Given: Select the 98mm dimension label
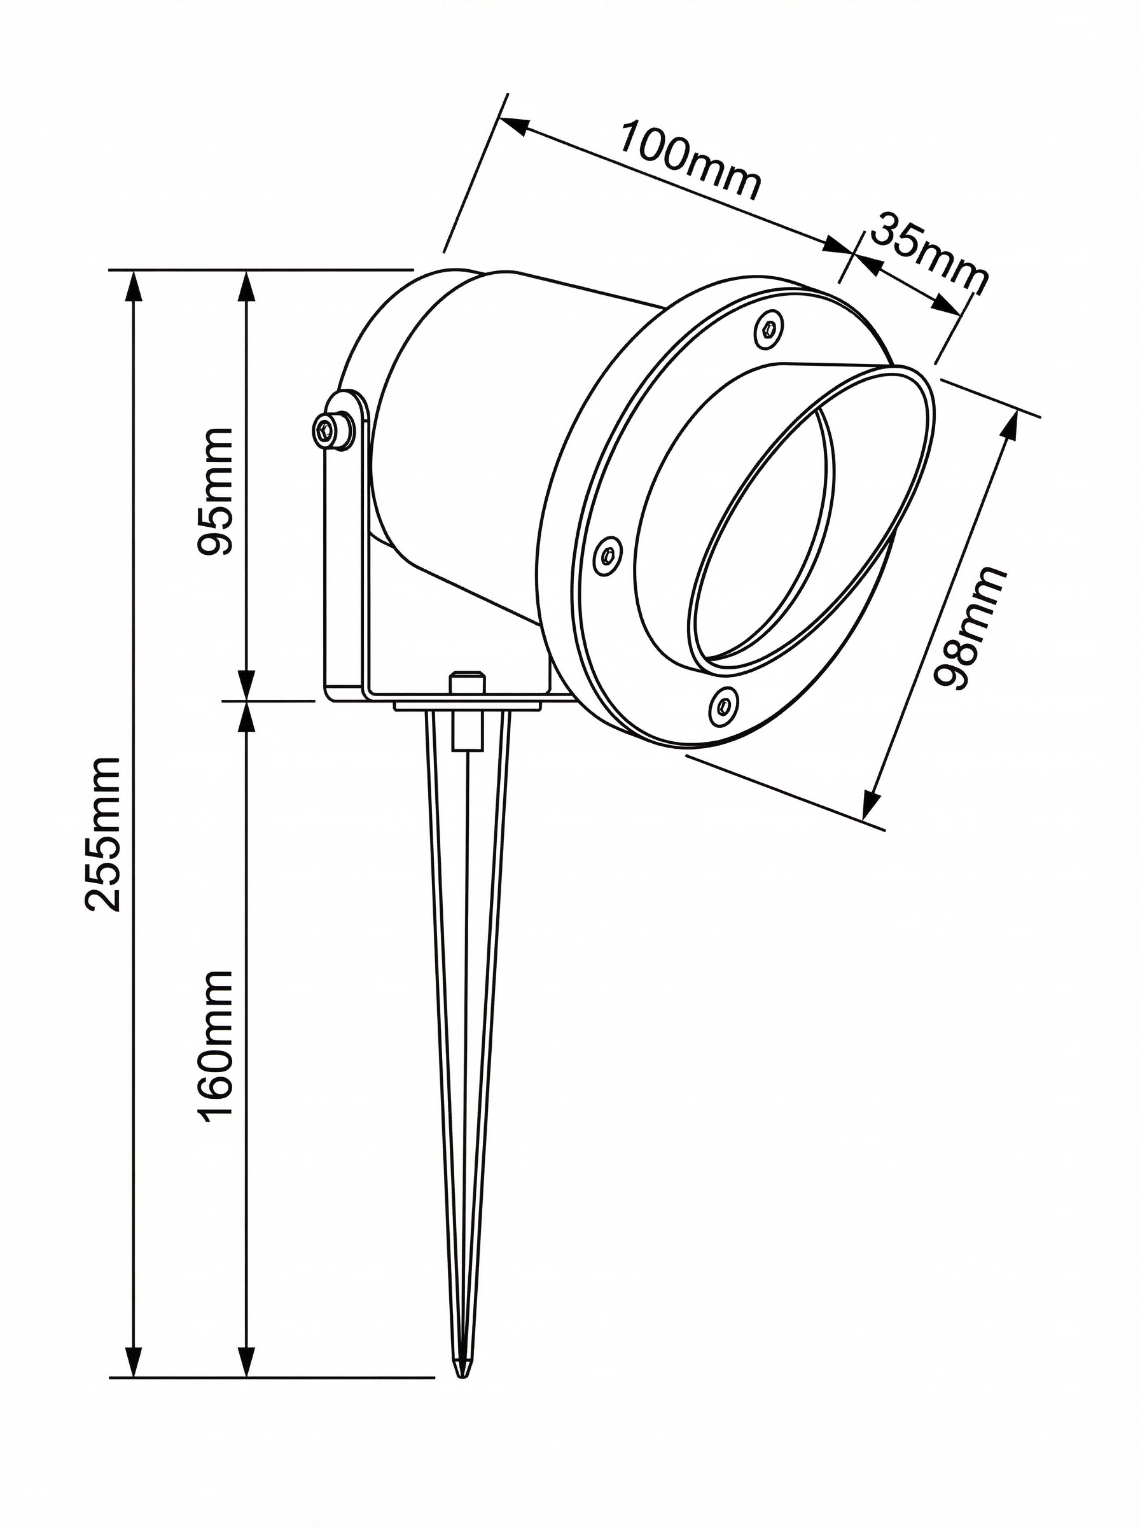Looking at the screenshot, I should coord(970,627).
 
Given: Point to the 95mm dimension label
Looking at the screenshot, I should coord(215,491).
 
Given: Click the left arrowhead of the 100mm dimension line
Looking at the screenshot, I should coord(513,126).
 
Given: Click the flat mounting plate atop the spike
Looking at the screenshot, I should coord(468,706).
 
